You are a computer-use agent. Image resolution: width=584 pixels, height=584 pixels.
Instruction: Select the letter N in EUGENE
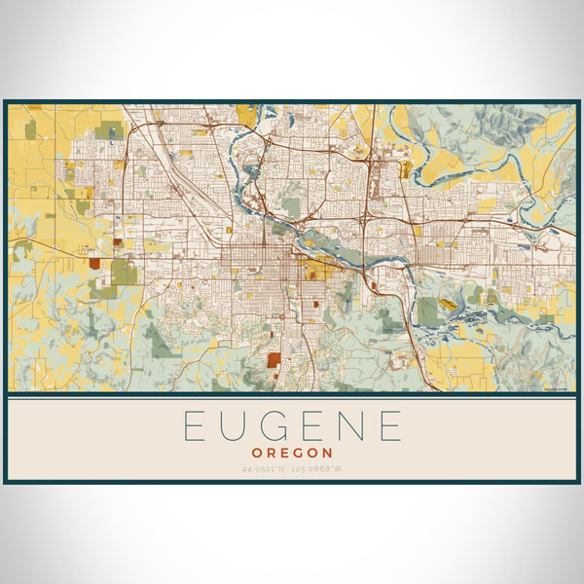pyautogui.click(x=349, y=426)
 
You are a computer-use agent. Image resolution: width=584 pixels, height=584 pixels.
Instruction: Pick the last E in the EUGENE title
pyautogui.click(x=390, y=426)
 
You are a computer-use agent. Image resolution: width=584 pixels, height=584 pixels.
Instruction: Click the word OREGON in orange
pyautogui.click(x=292, y=454)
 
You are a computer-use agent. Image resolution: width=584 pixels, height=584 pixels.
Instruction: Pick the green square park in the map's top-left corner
pyautogui.click(x=30, y=128)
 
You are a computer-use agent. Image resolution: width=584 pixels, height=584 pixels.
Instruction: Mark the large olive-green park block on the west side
pyautogui.click(x=124, y=272)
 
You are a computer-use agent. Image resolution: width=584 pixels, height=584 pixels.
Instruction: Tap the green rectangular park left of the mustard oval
pyautogui.click(x=427, y=310)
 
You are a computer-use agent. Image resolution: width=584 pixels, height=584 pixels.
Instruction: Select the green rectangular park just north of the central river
pyautogui.click(x=292, y=206)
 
